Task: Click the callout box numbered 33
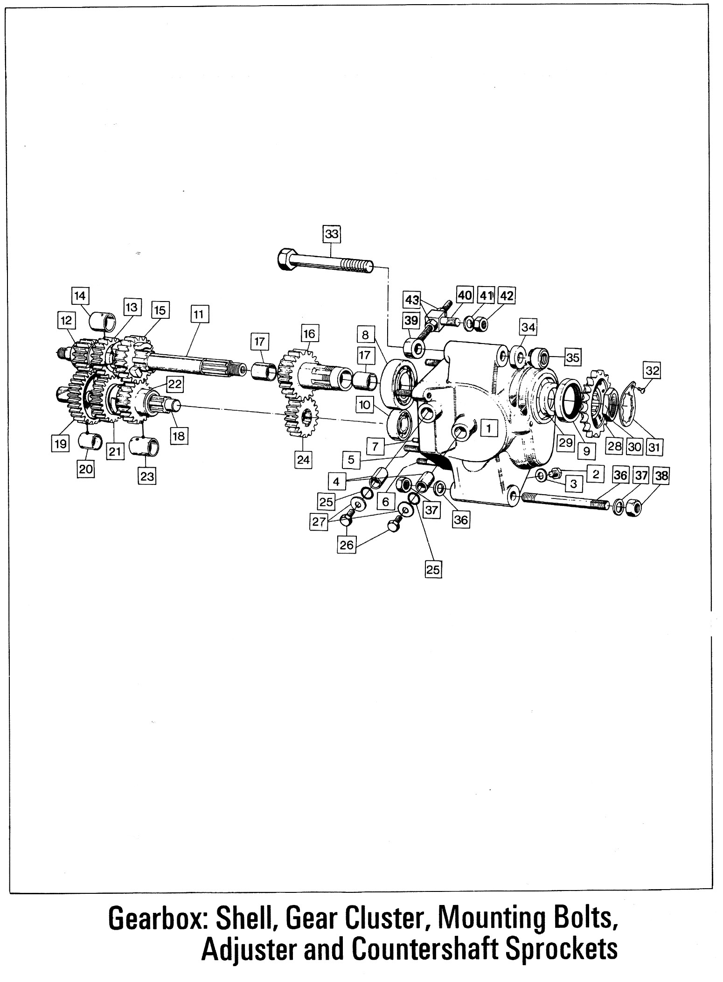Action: (x=332, y=233)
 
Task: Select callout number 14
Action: (x=80, y=296)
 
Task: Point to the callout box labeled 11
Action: (x=199, y=315)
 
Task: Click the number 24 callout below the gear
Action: (x=303, y=460)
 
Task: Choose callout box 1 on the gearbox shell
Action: (x=488, y=427)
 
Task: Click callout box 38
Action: (x=661, y=476)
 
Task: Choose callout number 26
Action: (x=347, y=545)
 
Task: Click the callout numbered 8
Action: (x=365, y=335)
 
